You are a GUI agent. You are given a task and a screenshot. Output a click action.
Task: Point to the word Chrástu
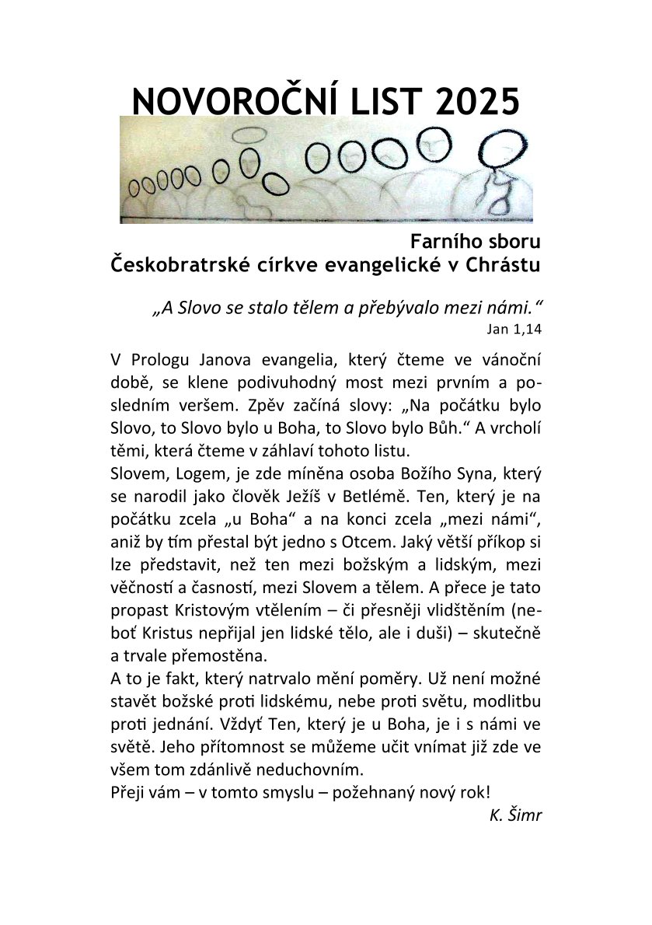[x=502, y=265]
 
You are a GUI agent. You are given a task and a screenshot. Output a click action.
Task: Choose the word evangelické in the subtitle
[x=370, y=265]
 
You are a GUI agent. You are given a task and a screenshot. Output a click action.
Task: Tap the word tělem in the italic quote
[x=312, y=307]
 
